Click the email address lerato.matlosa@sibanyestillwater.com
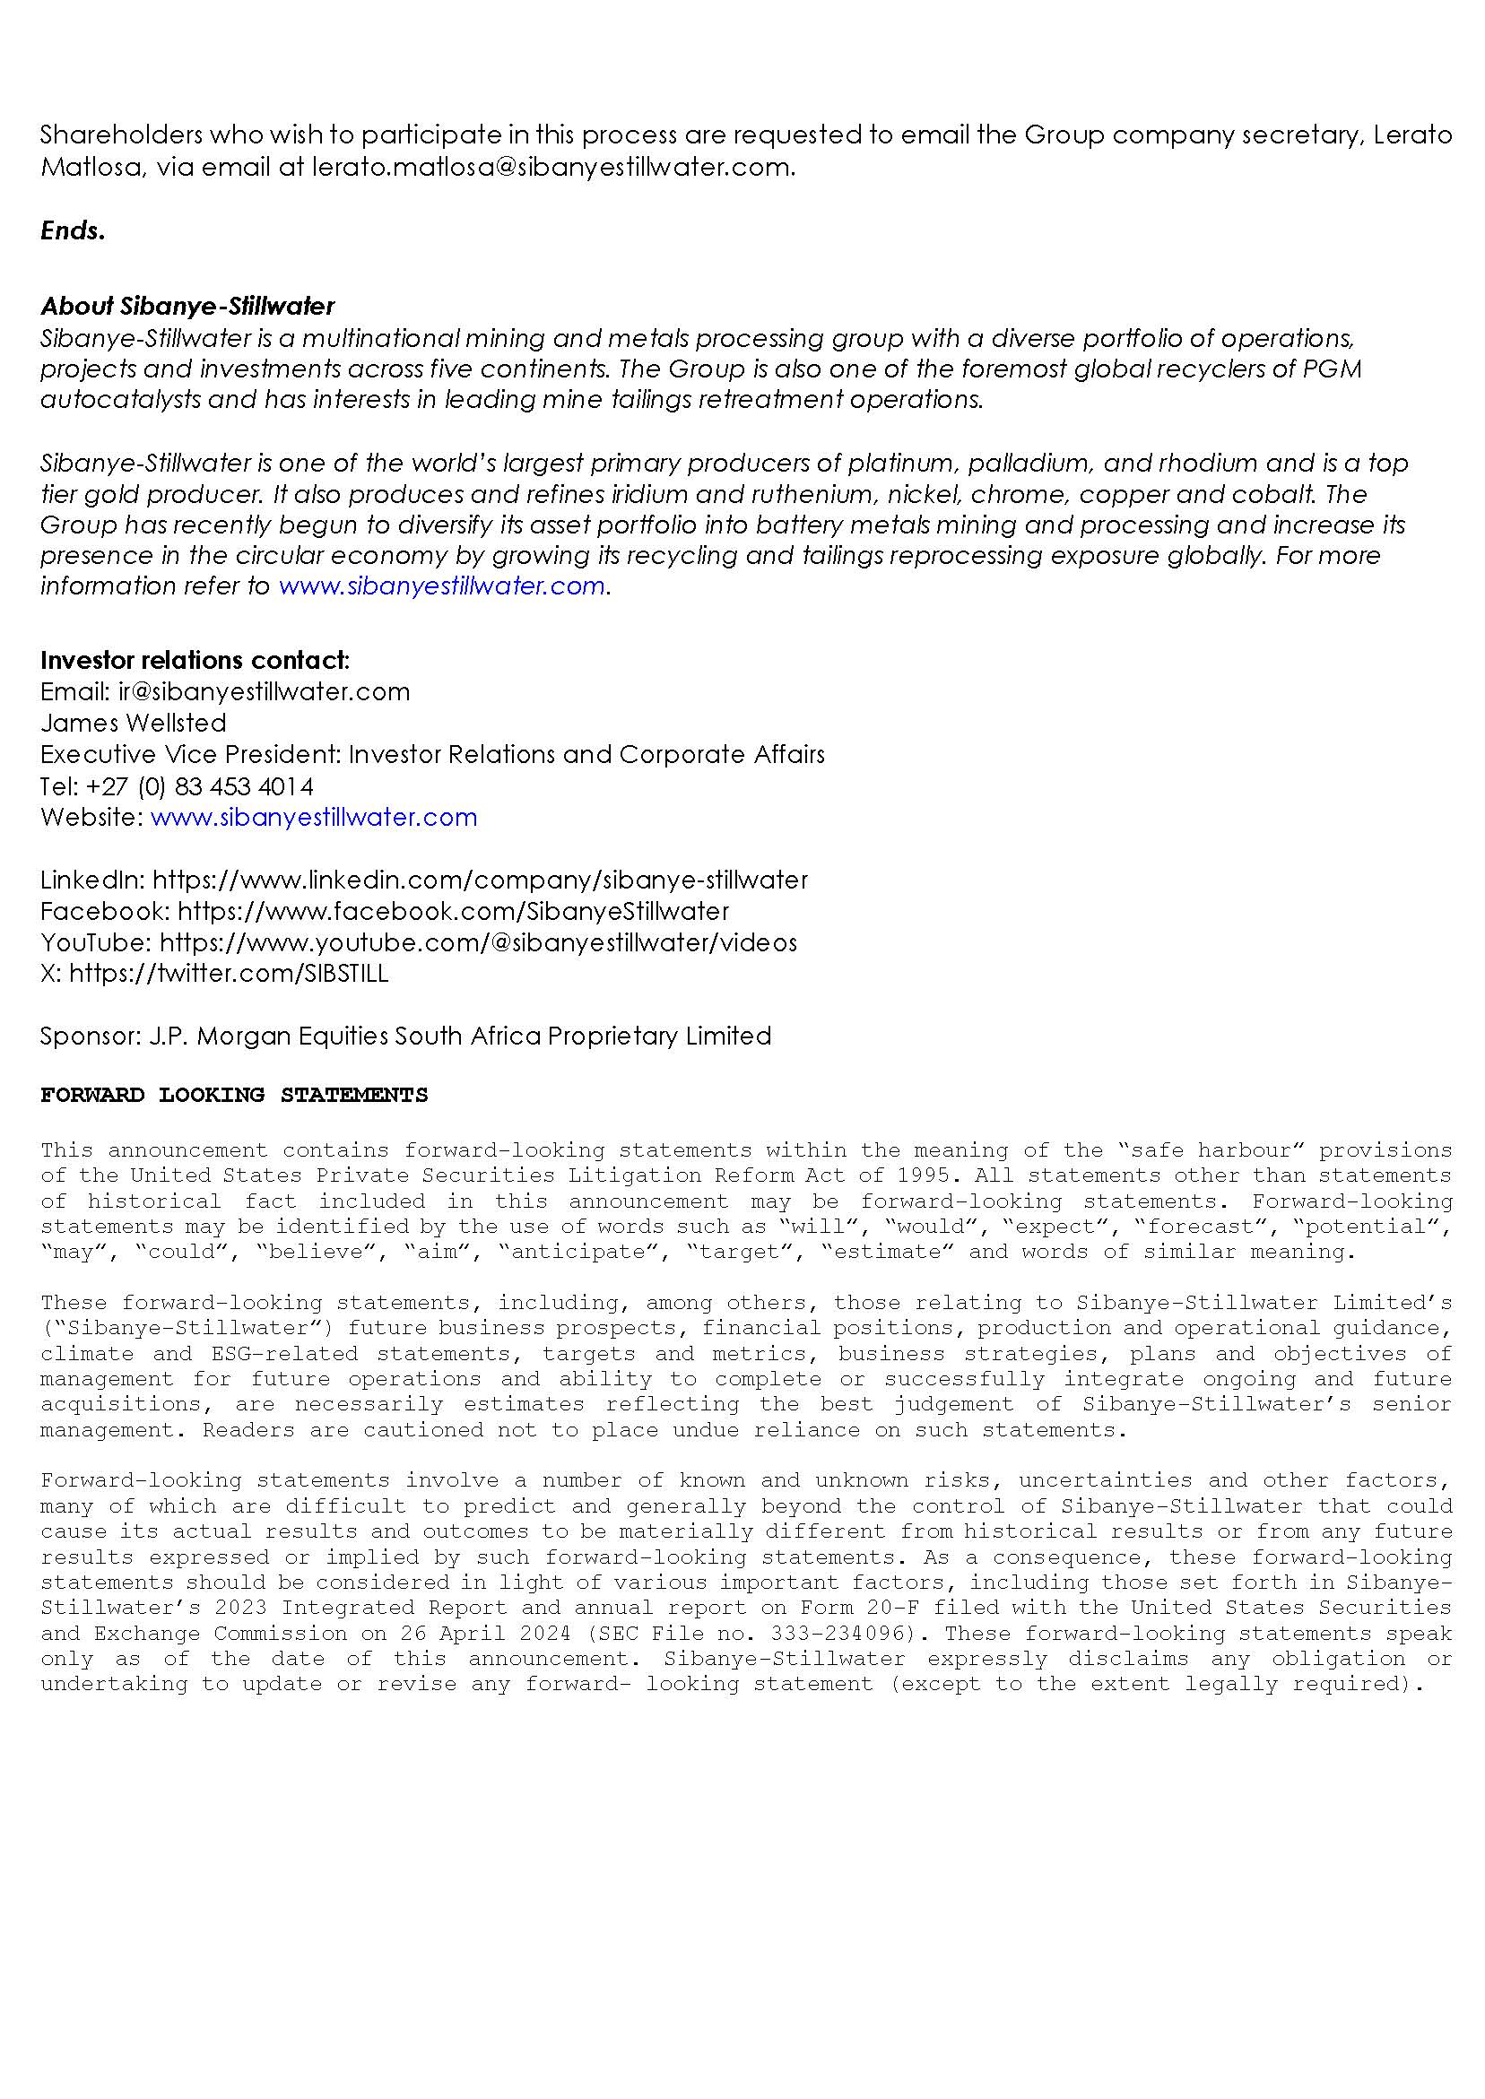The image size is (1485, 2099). [x=551, y=169]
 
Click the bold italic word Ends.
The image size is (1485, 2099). [x=74, y=230]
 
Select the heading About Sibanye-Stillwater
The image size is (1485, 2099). [x=187, y=307]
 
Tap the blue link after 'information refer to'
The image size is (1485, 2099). [x=442, y=586]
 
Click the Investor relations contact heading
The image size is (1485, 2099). [x=195, y=660]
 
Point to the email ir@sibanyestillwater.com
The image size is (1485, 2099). [x=264, y=691]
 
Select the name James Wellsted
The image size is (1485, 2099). [x=134, y=724]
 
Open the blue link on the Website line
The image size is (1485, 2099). [x=314, y=818]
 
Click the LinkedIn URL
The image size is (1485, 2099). [x=480, y=880]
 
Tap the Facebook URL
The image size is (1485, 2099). [x=454, y=912]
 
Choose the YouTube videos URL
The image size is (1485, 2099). [x=478, y=942]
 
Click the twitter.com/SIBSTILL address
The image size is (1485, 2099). [x=229, y=974]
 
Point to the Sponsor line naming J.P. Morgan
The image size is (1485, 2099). [x=406, y=1036]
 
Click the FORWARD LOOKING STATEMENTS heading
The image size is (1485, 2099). [x=234, y=1095]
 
